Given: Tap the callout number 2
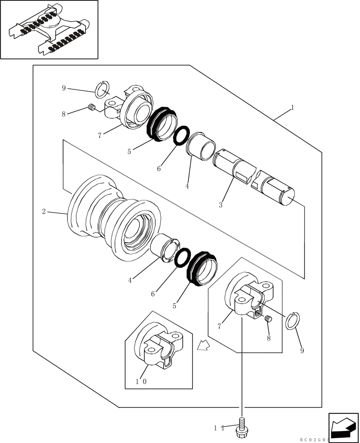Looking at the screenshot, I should pyautogui.click(x=44, y=211).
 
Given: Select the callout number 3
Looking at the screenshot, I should pyautogui.click(x=221, y=205).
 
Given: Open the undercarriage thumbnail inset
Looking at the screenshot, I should pyautogui.click(x=49, y=29).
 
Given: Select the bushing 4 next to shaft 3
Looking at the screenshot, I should pyautogui.click(x=202, y=145).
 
